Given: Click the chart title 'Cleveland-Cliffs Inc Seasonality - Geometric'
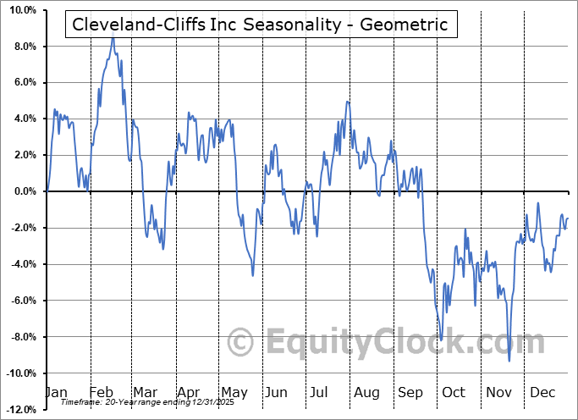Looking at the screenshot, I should pos(261,25).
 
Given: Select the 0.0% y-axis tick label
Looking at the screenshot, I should pos(24,191).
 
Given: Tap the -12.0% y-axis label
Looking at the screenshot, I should pos(20,410).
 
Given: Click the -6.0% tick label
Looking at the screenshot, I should pos(23,301).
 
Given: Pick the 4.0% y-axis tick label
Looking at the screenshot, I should pos(24,119).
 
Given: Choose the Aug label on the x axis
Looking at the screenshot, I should pos(366,392).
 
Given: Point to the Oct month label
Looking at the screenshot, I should pos(454,392).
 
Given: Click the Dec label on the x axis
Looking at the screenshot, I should pos(542,392).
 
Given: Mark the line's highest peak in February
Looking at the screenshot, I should pos(113,38).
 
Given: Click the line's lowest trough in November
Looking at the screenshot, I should pos(509,361).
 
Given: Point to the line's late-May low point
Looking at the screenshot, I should pos(252,275).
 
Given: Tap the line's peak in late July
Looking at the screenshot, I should pos(347,102).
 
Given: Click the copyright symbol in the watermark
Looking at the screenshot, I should pos(242,342).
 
